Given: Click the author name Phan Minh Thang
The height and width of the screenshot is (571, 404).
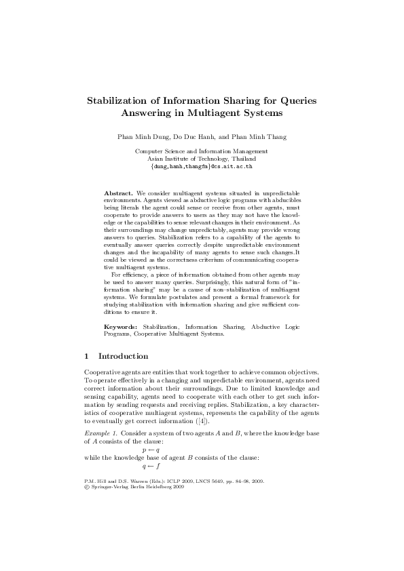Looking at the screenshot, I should pyautogui.click(x=261, y=136).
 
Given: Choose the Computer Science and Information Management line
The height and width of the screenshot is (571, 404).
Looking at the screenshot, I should pyautogui.click(x=202, y=151).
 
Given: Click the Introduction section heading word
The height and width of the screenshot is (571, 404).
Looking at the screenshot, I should pyautogui.click(x=124, y=356).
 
